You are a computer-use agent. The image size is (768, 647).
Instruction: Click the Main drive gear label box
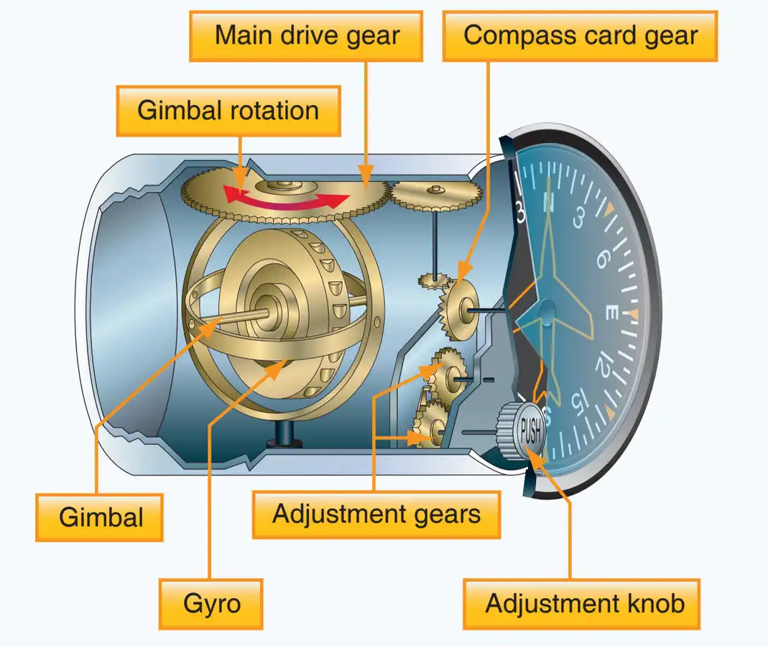pyautogui.click(x=306, y=36)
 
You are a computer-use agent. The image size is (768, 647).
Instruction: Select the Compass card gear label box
pyautogui.click(x=580, y=36)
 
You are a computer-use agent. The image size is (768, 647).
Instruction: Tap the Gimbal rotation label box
pyautogui.click(x=228, y=111)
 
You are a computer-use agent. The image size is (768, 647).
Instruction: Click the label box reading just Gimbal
pyautogui.click(x=99, y=518)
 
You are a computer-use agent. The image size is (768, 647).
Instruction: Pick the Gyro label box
pyautogui.click(x=211, y=604)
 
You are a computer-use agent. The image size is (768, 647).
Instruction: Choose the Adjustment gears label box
pyautogui.click(x=376, y=515)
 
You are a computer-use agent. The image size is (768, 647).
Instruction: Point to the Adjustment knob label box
pyautogui.click(x=582, y=604)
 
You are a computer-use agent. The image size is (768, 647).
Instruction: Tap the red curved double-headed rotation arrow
pyautogui.click(x=287, y=198)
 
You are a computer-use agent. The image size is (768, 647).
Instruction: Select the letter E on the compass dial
pyautogui.click(x=612, y=312)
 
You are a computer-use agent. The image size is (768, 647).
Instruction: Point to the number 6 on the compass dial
pyautogui.click(x=602, y=259)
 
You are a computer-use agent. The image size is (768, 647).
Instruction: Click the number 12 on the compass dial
pyautogui.click(x=603, y=365)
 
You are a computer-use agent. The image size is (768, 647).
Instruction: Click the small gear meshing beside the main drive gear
pyautogui.click(x=435, y=195)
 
